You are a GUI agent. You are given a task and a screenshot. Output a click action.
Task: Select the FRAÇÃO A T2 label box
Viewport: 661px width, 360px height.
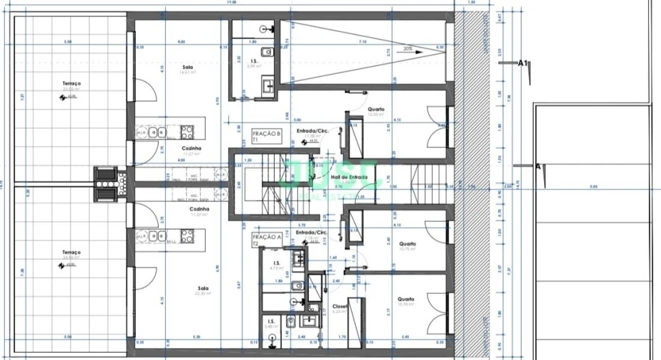(x=265, y=239)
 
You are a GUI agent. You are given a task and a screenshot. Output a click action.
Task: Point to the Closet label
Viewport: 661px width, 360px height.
(x=340, y=307)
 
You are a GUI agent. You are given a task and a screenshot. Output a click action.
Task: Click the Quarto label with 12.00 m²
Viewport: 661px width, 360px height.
(x=376, y=109)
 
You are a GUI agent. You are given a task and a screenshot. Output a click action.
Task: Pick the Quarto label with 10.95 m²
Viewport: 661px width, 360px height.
(x=406, y=300)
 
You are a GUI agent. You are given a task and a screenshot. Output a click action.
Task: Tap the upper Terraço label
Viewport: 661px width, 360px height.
(x=71, y=84)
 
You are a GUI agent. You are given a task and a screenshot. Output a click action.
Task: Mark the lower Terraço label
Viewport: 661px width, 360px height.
(x=71, y=253)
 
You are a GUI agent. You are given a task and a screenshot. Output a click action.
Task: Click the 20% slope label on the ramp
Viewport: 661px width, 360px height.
(x=408, y=49)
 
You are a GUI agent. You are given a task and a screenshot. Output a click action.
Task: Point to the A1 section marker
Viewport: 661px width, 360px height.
(x=522, y=63)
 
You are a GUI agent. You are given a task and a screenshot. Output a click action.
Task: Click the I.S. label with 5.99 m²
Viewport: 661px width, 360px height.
(x=255, y=61)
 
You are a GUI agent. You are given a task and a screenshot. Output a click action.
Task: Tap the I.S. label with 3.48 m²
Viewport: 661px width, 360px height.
(x=271, y=322)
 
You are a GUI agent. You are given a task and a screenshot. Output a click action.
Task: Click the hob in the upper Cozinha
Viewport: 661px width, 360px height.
(x=188, y=132)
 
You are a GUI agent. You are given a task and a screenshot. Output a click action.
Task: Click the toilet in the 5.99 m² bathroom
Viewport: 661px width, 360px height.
(x=265, y=51)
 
